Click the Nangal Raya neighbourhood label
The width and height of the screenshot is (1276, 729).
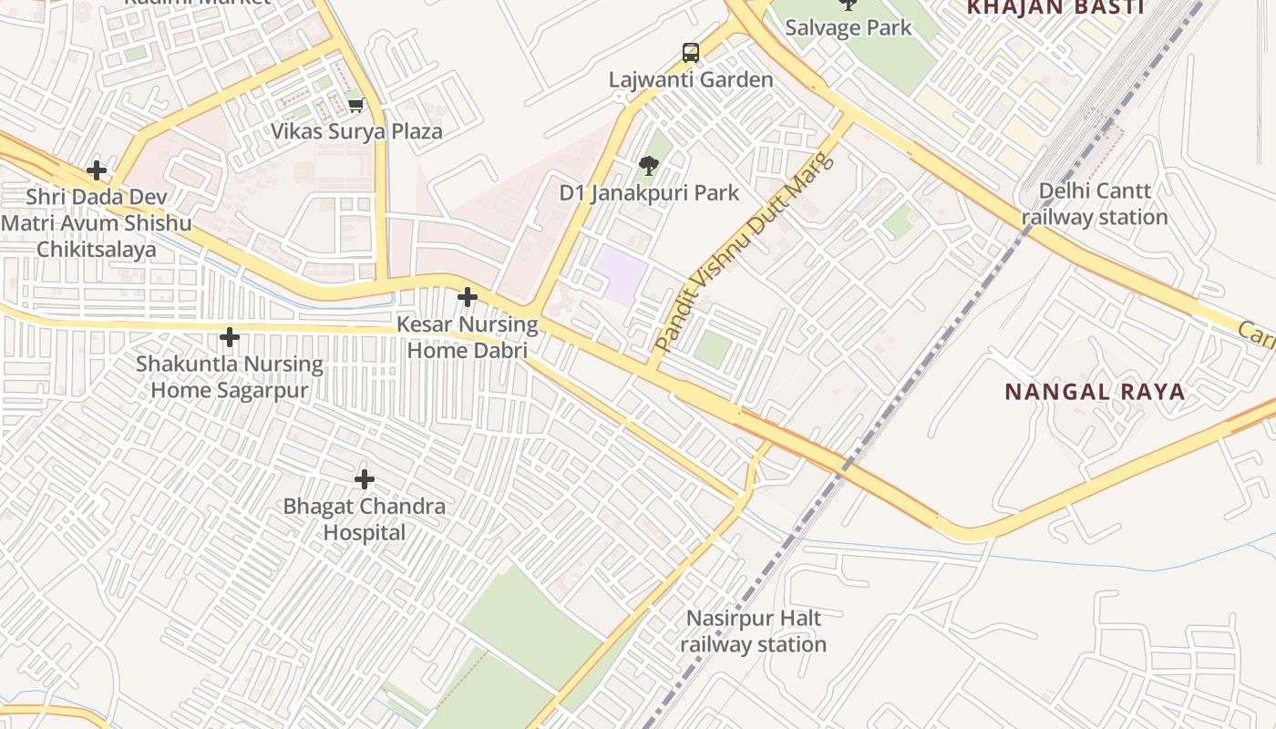tap(1095, 392)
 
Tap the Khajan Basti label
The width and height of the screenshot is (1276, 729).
tap(1055, 8)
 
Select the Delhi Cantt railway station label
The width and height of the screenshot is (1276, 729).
tap(1095, 204)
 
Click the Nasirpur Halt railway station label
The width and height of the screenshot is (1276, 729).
tap(753, 631)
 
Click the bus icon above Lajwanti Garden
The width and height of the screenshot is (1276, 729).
tap(691, 53)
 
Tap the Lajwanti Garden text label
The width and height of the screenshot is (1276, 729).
tap(691, 80)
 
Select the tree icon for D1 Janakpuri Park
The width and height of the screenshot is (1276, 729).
tap(648, 166)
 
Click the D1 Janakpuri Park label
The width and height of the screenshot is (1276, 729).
tap(649, 193)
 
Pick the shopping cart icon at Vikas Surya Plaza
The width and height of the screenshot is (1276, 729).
tap(356, 106)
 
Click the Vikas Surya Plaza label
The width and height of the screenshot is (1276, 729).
tap(356, 131)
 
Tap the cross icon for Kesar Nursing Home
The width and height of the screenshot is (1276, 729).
tap(468, 297)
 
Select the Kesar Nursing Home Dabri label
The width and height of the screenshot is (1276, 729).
tap(468, 337)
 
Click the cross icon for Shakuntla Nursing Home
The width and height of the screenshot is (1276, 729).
tap(230, 338)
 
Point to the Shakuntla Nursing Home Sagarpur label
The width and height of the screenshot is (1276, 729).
tap(230, 377)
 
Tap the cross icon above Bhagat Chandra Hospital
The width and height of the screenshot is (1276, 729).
tap(365, 479)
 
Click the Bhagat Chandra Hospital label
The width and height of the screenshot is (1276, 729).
tap(365, 519)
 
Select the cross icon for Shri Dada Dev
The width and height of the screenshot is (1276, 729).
tap(97, 170)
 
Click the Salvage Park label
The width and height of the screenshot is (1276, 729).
tap(848, 27)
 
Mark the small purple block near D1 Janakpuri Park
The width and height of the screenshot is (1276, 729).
tap(623, 275)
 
